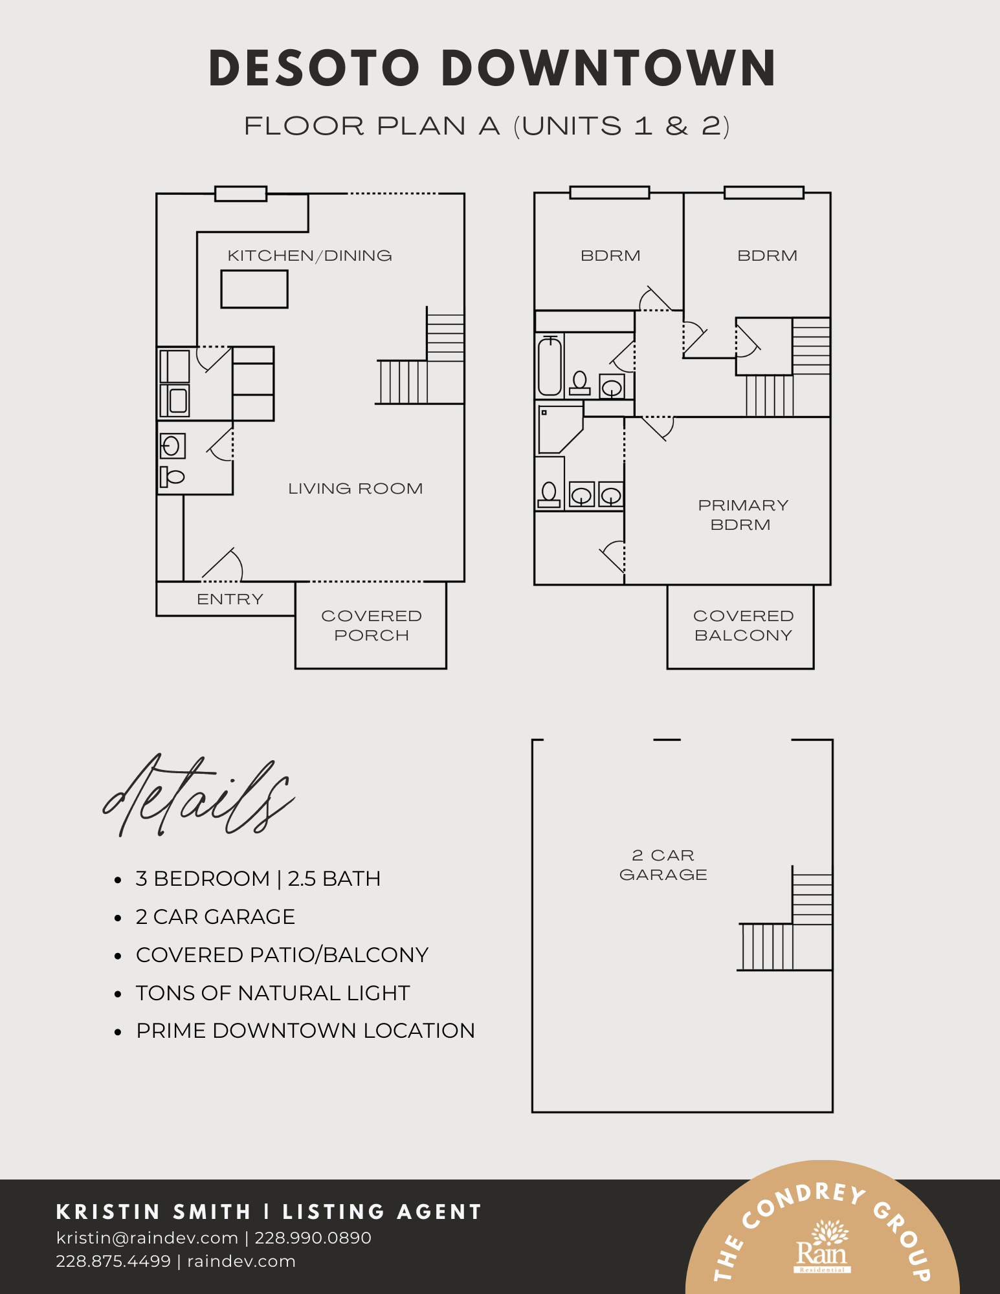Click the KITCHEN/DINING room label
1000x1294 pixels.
309,256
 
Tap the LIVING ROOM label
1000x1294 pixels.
355,488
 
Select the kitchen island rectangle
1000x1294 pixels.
254,289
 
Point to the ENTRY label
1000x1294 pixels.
230,599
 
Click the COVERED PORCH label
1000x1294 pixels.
372,626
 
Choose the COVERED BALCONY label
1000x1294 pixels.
743,626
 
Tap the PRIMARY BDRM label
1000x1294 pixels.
742,515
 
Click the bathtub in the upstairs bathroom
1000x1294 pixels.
550,366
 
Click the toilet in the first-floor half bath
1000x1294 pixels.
172,477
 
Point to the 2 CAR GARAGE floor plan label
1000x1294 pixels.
663,865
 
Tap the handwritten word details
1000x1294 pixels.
199,796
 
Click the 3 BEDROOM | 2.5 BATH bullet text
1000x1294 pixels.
258,879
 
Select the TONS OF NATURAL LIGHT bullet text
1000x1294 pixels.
272,993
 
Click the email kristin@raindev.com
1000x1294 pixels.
147,1238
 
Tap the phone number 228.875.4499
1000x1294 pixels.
113,1262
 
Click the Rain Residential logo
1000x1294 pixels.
822,1247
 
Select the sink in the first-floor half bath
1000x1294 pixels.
172,446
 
